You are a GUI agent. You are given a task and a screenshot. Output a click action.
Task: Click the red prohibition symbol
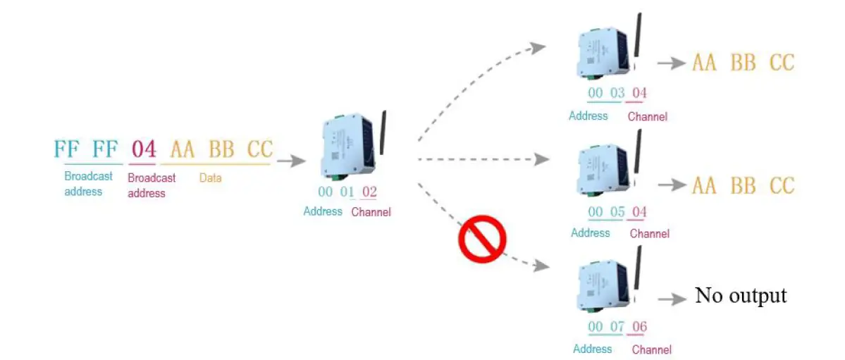click(x=483, y=239)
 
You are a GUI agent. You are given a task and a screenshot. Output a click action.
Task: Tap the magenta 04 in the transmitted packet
click(x=143, y=149)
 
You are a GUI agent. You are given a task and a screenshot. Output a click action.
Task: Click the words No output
click(x=741, y=295)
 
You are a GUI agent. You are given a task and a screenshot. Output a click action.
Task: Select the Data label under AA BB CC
click(x=211, y=178)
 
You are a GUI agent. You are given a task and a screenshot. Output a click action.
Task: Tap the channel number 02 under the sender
click(x=369, y=192)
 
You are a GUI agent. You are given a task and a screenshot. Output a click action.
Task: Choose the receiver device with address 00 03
click(x=607, y=51)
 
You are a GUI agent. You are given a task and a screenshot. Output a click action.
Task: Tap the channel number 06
click(x=639, y=327)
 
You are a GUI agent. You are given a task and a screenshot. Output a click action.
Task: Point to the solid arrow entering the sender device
click(x=292, y=161)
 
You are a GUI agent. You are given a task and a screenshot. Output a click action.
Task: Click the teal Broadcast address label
click(x=88, y=183)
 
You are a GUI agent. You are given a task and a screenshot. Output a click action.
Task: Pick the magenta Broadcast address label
click(x=152, y=185)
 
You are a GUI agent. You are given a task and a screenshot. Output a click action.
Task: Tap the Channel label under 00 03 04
click(x=647, y=116)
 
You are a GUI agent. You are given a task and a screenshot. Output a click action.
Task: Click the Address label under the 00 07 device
click(x=592, y=348)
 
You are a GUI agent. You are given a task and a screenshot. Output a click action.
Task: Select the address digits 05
click(x=617, y=212)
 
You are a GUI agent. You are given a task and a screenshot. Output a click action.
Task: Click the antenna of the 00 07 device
click(x=637, y=269)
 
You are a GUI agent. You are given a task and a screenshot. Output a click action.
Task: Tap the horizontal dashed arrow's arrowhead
click(x=541, y=159)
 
